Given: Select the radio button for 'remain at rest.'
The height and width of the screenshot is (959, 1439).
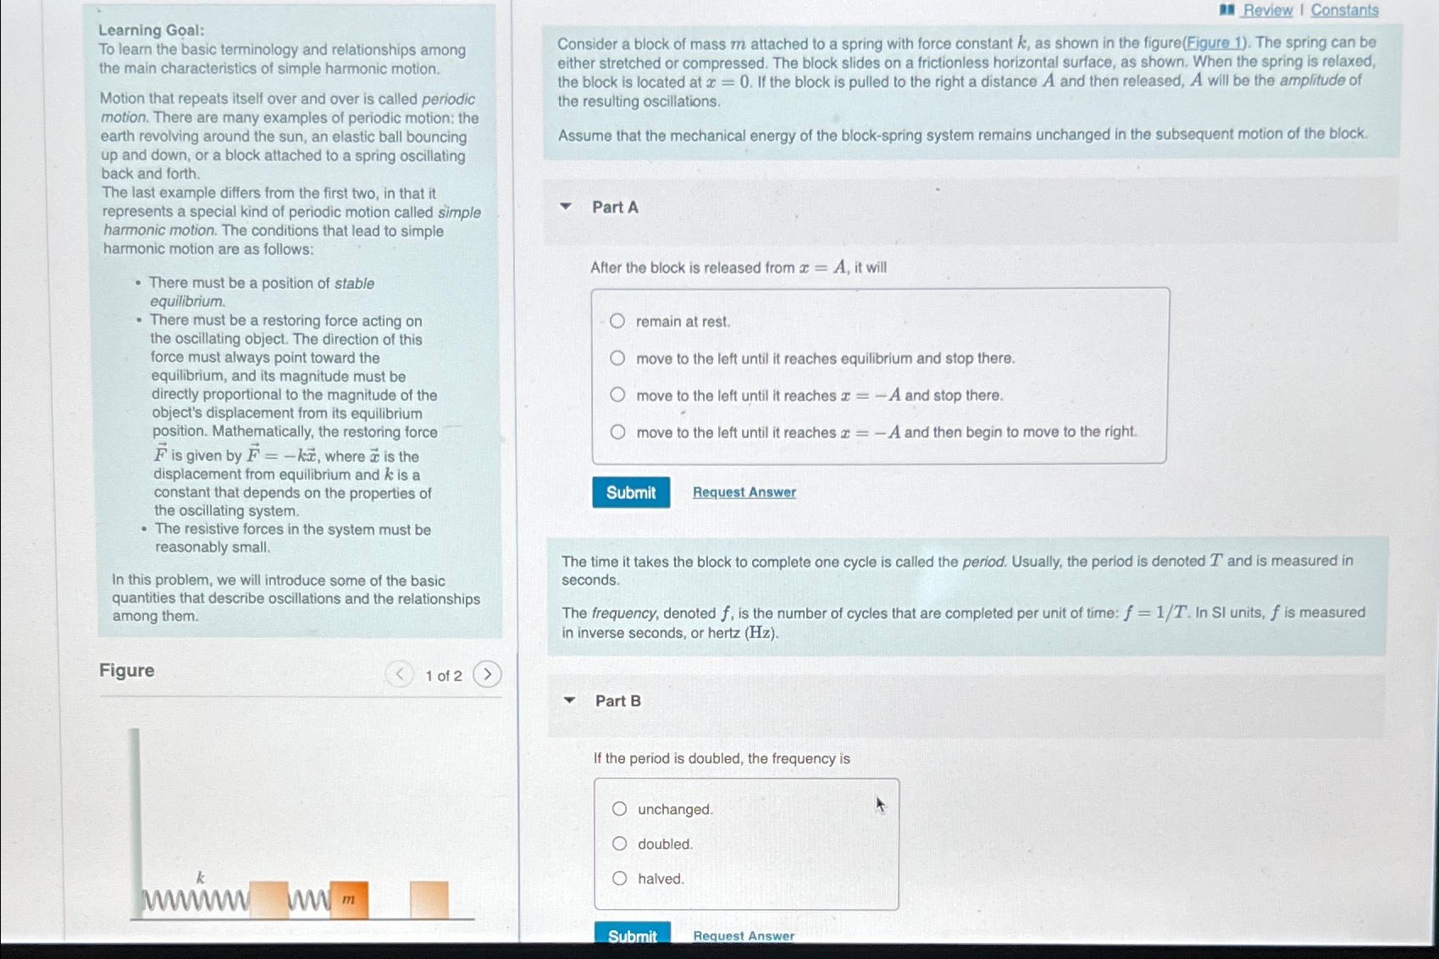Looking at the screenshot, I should (x=617, y=321).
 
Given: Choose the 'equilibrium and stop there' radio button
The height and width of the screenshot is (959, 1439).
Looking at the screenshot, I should (x=617, y=358).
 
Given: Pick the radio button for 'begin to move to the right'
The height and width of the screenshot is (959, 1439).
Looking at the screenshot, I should (x=618, y=432).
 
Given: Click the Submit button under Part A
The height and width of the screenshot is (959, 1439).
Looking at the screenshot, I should (x=631, y=492).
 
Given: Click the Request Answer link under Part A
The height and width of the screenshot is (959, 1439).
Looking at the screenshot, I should (x=744, y=492).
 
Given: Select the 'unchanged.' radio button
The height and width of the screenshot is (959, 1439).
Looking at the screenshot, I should (x=620, y=809).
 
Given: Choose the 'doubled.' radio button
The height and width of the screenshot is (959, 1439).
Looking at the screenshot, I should (x=620, y=844).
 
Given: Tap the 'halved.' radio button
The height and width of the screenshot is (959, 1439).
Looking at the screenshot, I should (x=620, y=879).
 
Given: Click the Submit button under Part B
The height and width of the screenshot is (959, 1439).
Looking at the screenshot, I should (x=632, y=935).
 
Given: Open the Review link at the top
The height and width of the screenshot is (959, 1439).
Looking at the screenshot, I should (x=1267, y=10).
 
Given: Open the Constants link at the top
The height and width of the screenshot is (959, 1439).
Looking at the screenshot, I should (x=1344, y=10).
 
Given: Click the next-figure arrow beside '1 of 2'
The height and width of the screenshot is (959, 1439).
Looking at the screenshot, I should (x=487, y=674).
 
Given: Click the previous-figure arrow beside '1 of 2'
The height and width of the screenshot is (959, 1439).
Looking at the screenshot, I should (x=399, y=674).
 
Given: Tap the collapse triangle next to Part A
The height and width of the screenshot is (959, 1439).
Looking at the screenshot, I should (x=566, y=207).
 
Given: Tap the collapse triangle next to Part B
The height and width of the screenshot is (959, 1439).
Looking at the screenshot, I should (x=569, y=701).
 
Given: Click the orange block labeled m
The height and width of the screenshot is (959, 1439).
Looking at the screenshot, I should (x=349, y=900).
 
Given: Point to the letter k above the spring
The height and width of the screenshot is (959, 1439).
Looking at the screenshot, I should (x=201, y=878).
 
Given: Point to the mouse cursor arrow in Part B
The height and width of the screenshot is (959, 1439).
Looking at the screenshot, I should (x=880, y=804).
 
